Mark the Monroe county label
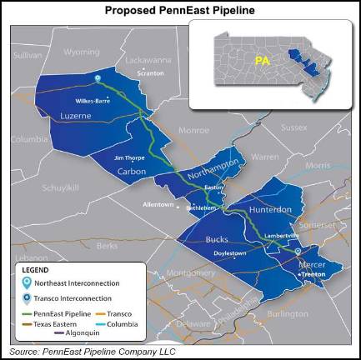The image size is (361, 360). click(x=193, y=131)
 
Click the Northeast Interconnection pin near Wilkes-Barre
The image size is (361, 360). click(x=98, y=80)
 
